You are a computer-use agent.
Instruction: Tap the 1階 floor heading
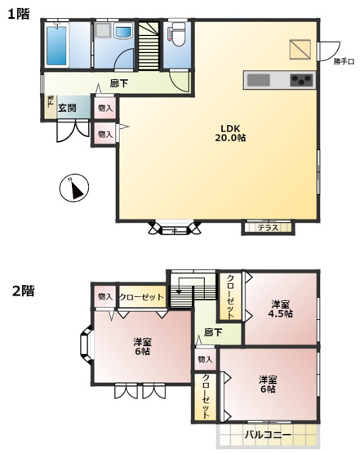pos(19,13)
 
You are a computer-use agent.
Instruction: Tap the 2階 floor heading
pos(22,290)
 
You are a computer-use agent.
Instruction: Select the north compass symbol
pos(74,189)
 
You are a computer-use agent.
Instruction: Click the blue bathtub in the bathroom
pos(56,48)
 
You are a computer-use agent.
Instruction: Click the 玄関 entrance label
pos(67,108)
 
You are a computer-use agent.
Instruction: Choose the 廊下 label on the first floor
pos(119,82)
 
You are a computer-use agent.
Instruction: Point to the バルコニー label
pos(268,435)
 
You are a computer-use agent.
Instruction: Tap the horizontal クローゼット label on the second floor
pos(142,296)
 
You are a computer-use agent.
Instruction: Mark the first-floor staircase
pos(147,49)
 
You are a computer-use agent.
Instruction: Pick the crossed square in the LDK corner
pos(300,47)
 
